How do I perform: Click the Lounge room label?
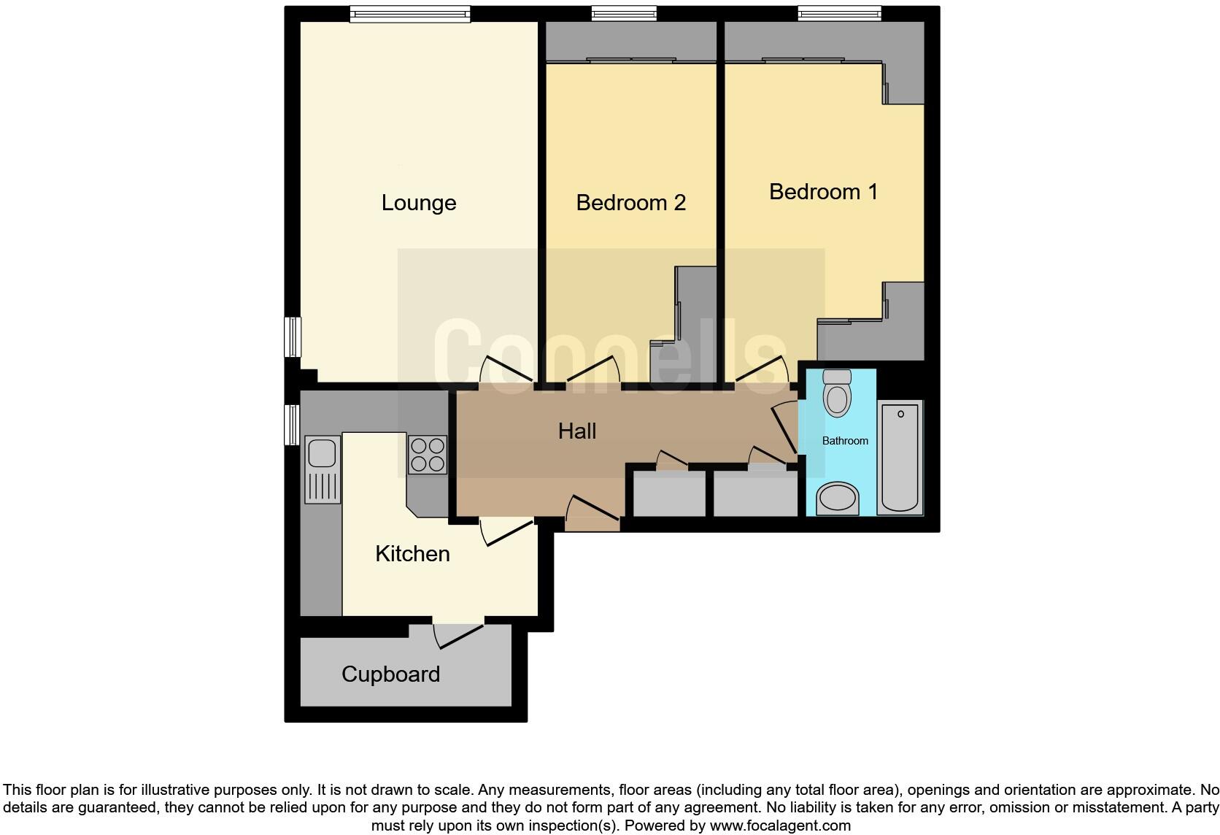coord(419,203)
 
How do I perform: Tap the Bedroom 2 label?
coord(630,203)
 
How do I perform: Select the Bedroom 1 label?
coord(823,192)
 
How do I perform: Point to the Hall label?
coord(577,431)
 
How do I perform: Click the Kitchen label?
coord(412,554)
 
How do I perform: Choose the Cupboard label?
coord(390,674)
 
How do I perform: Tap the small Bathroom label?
coord(845,441)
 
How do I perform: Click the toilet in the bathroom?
coord(837,393)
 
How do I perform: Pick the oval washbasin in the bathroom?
coord(838,499)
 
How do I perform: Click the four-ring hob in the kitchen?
coord(428,454)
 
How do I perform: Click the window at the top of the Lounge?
coord(409,13)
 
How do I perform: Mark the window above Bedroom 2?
coord(624,13)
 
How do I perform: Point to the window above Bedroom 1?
coord(839,13)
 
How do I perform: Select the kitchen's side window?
coord(292,424)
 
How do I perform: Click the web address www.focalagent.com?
coord(780,826)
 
